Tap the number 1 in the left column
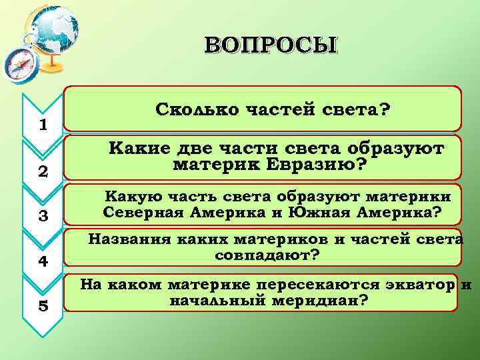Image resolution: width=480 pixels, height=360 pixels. click(x=43, y=125)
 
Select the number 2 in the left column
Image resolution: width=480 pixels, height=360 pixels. click(x=43, y=171)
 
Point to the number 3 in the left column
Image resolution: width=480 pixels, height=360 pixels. click(x=43, y=216)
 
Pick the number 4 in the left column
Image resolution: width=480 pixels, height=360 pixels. click(x=43, y=261)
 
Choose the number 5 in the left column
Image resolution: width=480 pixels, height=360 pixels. click(x=43, y=306)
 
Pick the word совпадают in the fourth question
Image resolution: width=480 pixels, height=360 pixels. click(x=259, y=255)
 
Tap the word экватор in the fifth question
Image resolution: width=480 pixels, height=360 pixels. click(x=413, y=285)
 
